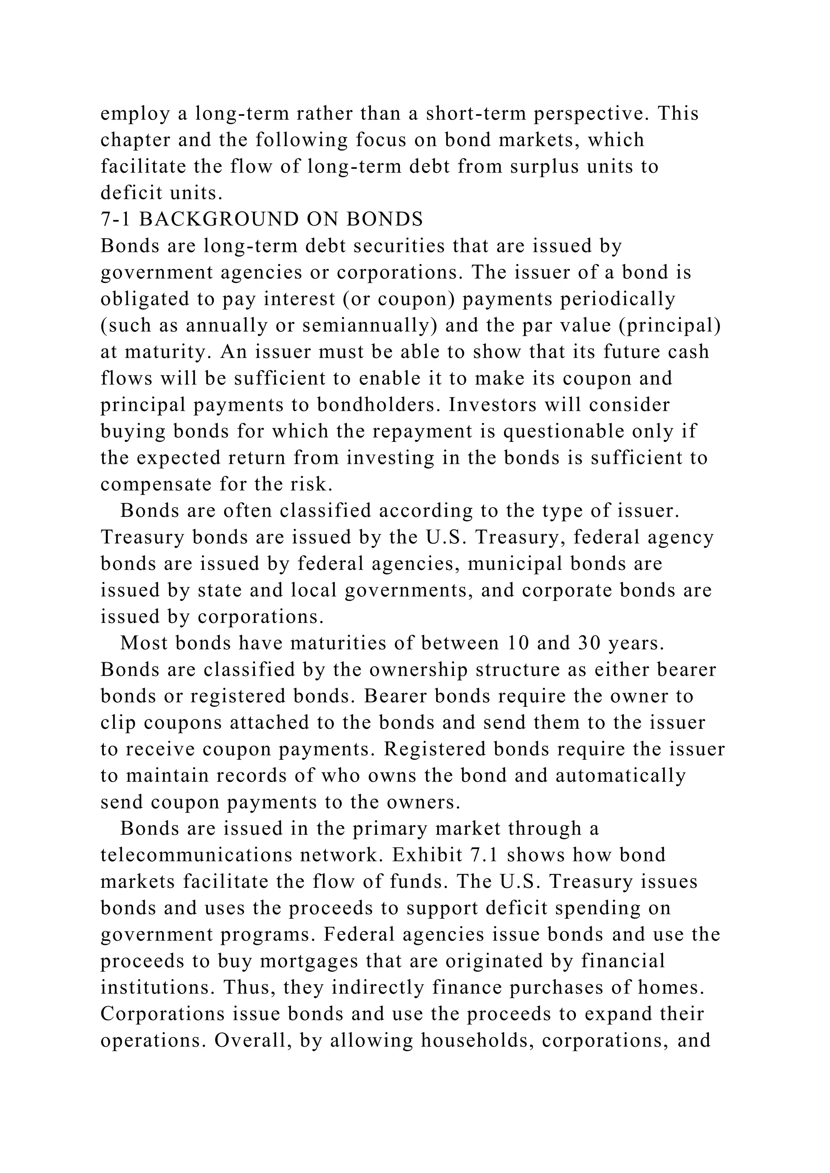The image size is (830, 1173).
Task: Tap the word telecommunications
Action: coord(196,855)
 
